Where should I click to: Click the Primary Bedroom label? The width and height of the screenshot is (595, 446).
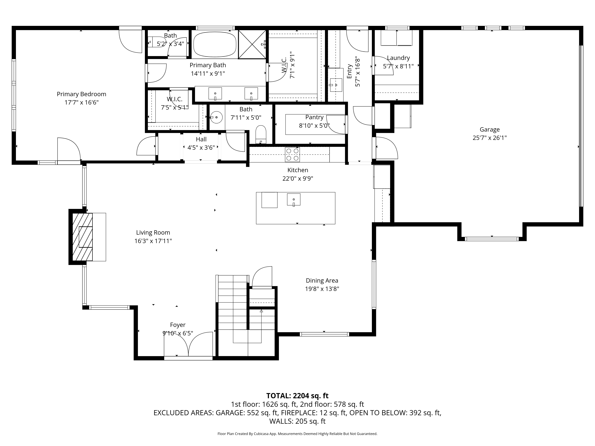coord(82,94)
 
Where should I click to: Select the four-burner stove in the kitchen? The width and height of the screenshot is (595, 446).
coord(292,155)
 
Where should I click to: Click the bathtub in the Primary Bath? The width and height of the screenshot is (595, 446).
coord(215,44)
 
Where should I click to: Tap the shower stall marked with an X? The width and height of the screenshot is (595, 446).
coord(252,44)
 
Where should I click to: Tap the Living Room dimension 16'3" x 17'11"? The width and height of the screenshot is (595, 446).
coord(153,241)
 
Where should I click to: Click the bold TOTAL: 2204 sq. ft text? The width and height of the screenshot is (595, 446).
coord(297,396)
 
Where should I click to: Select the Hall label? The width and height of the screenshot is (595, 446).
coord(201,139)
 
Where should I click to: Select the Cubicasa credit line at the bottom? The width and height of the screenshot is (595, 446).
coord(297,434)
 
